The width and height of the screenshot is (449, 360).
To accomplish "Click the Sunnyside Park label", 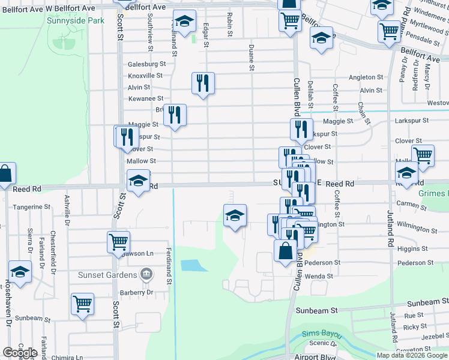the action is point(75,20).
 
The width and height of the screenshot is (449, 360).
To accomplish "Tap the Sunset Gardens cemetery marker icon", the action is point(146,275).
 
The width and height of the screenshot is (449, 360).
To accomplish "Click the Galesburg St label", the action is point(146,64).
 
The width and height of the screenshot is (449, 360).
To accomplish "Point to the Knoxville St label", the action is point(145,76).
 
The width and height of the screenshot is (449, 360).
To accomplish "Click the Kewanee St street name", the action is point(145,98).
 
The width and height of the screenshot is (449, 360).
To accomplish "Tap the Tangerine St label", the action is point(31,207).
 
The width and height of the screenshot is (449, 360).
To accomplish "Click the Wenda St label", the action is point(319,277).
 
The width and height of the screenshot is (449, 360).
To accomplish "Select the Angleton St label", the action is point(366,77).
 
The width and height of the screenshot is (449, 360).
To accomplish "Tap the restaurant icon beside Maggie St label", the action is point(175,114).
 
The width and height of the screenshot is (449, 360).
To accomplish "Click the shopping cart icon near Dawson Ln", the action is point(118,242).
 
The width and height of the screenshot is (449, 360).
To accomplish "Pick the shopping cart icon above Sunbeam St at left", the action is point(82,303).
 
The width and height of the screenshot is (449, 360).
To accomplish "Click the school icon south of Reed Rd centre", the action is point(235,215).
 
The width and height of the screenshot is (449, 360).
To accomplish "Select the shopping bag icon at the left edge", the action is point(5,173).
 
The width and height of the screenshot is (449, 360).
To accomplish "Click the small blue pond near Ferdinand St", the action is point(190,265).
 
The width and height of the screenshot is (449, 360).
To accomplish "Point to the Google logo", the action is point(20,352).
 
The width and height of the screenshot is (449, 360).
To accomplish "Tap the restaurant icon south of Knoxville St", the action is point(203,83).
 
